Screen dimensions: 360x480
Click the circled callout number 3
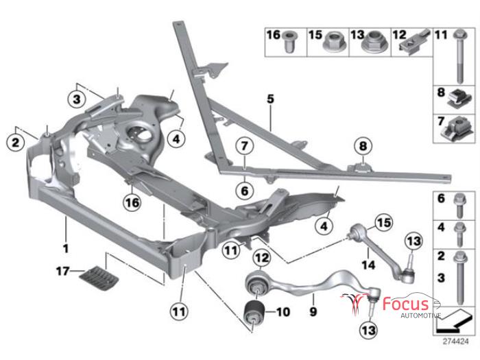77,99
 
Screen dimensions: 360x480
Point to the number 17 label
63,272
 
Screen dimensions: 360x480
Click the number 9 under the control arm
312,299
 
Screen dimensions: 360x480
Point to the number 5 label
270,99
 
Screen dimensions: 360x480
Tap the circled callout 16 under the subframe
132,202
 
